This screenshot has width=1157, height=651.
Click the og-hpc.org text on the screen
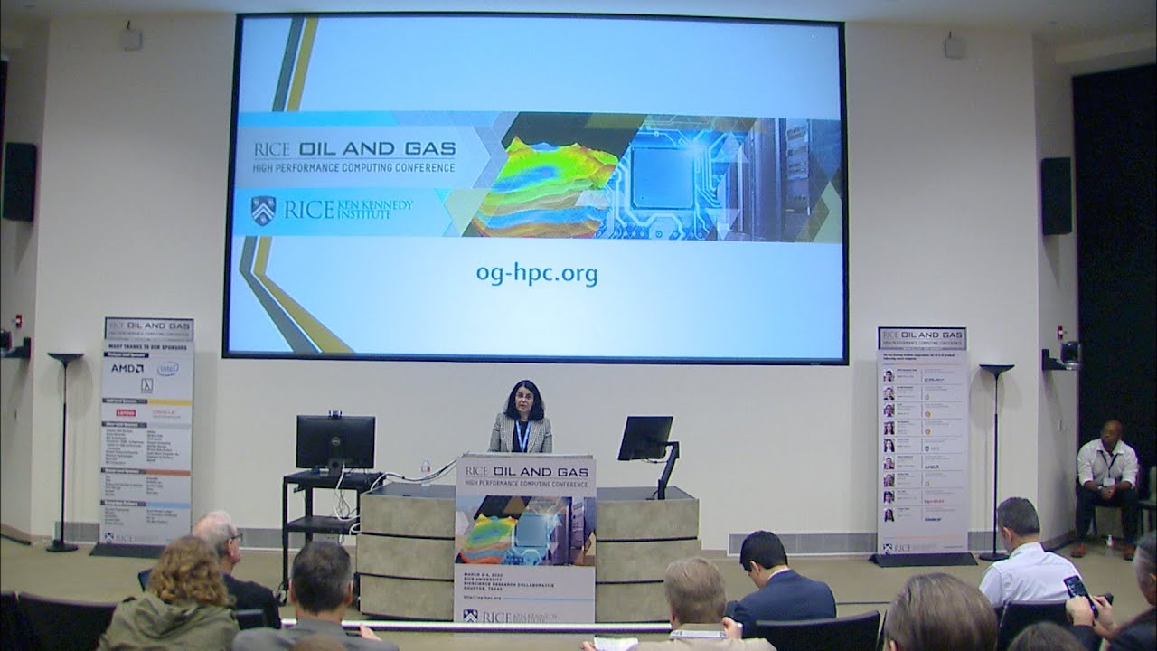536,272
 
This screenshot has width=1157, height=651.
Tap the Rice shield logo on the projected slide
262,210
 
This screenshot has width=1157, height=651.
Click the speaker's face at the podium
520,399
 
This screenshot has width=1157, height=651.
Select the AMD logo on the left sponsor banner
125,368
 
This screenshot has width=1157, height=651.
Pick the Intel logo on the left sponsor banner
167,368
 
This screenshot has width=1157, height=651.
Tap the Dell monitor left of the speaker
334,441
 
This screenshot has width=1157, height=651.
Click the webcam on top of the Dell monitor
335,414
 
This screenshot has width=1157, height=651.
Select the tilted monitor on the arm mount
645,438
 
